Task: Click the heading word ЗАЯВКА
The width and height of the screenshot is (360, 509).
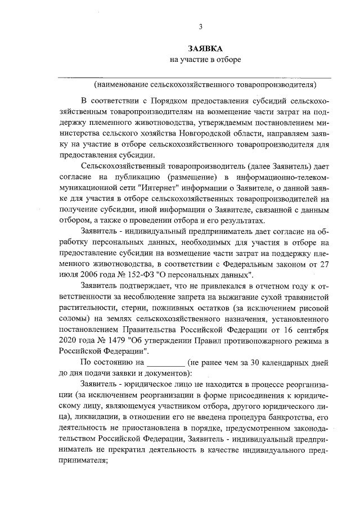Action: (x=205, y=48)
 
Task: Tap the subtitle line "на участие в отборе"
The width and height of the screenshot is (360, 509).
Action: (x=205, y=60)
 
